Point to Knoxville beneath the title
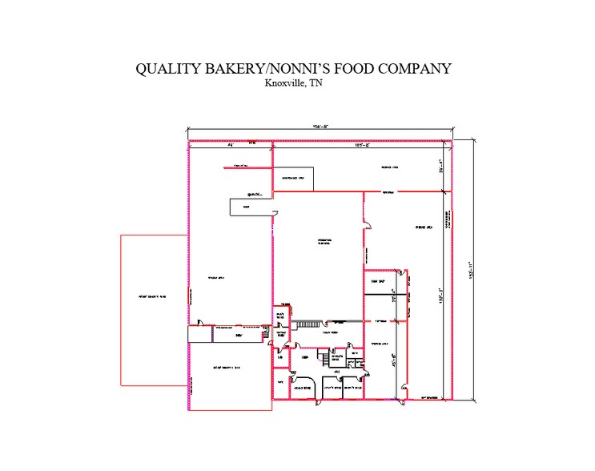click(286, 83)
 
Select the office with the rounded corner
click(301, 386)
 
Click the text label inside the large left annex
click(152, 297)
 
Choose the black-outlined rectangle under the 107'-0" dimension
click(294, 179)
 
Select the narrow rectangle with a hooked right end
click(253, 208)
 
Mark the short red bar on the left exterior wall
click(188, 297)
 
